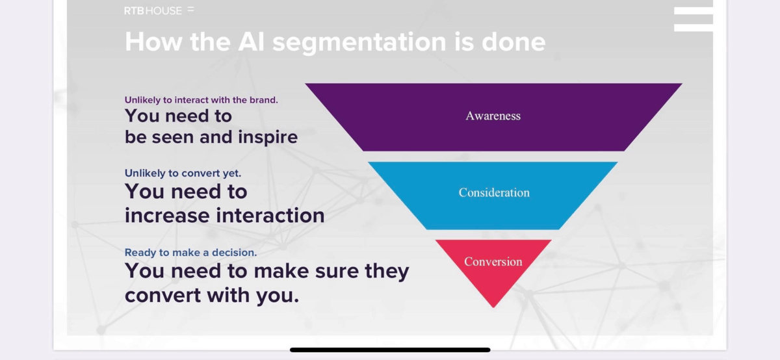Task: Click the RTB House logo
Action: pos(159,11)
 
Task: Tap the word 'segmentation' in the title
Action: pos(359,42)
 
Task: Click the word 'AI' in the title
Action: pos(251,42)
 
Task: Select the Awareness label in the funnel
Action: pos(493,116)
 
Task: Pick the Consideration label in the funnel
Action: pos(494,192)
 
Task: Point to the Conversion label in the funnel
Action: pos(493,261)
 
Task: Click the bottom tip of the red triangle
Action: pos(493,307)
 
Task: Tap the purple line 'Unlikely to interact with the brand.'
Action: pos(201,100)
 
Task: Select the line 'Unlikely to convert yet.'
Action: pos(183,173)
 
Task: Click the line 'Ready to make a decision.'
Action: pos(191,252)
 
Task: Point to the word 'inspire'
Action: pos(268,137)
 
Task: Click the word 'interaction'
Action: pos(270,215)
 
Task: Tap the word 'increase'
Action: pos(167,216)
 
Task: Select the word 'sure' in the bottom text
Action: pos(337,272)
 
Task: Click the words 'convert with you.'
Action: pos(212,295)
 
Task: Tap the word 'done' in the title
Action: pos(513,42)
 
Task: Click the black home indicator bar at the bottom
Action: pos(390,350)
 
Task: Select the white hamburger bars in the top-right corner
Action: pos(694,19)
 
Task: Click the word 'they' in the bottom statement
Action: pos(387,272)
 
